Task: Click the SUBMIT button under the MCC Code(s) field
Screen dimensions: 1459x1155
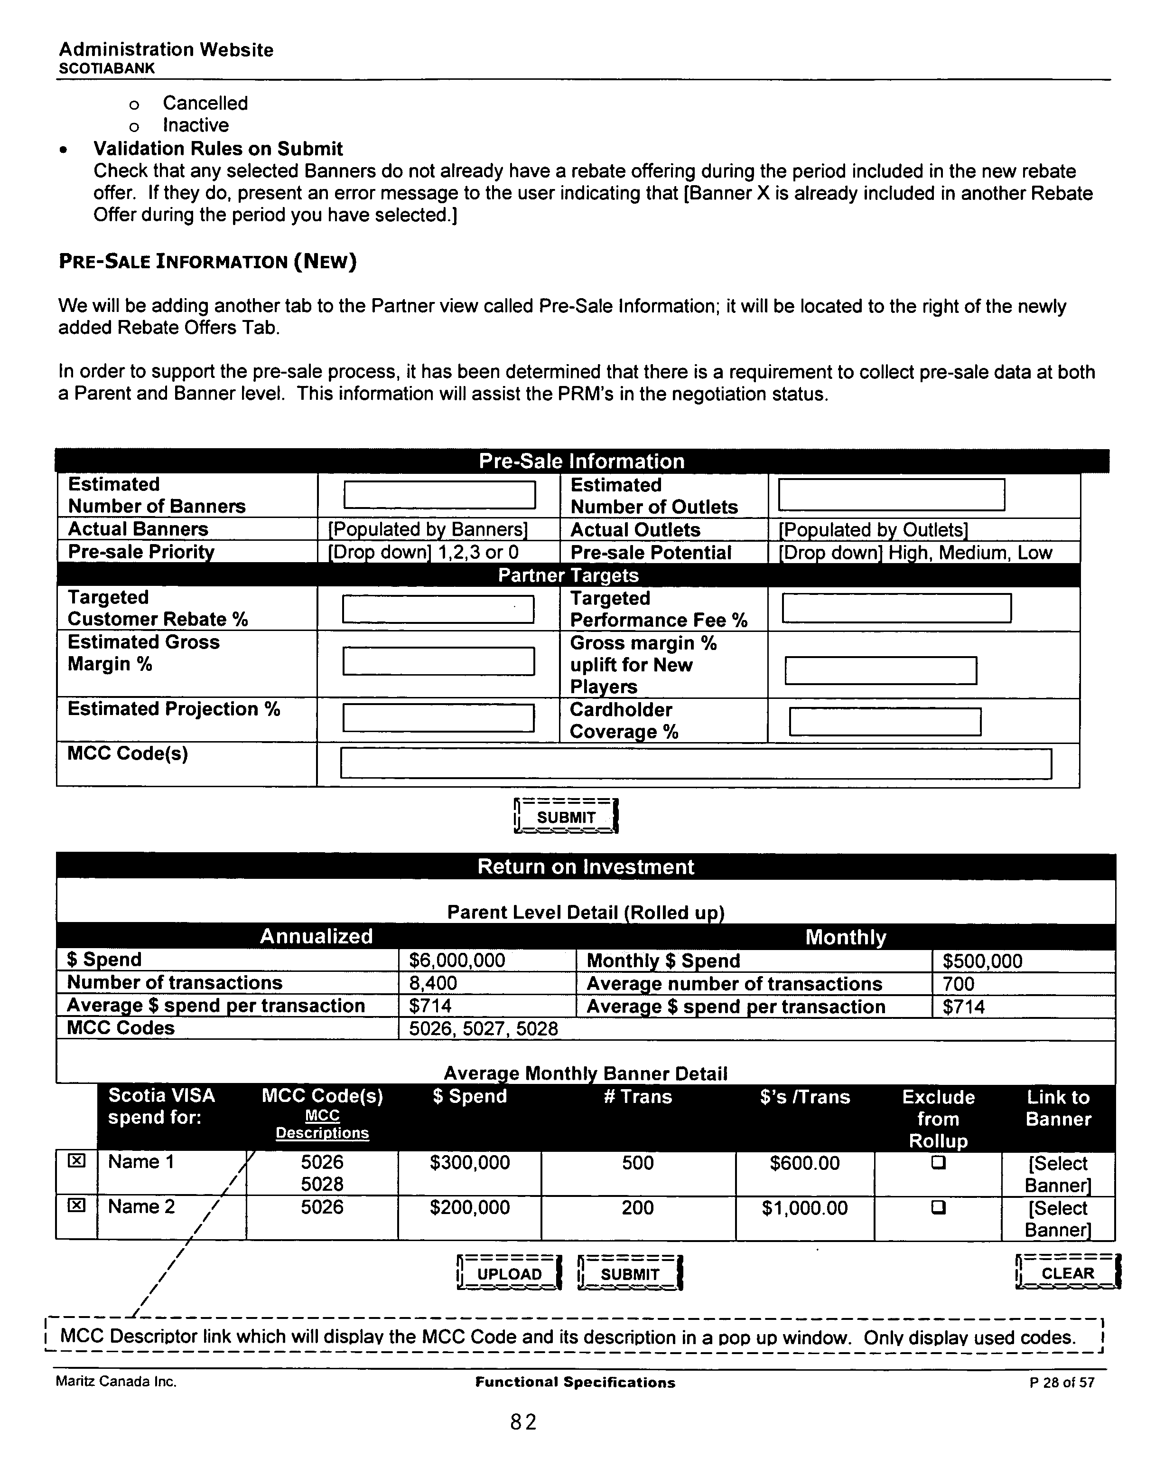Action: coord(566,817)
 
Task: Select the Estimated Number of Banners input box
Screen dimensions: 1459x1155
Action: coord(439,494)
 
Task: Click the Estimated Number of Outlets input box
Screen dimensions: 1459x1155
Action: coord(891,494)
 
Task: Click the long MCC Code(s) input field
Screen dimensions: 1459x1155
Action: coord(695,763)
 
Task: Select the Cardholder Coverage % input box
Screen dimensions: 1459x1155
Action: coord(885,722)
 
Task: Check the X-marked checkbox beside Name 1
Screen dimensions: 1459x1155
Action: coord(76,1161)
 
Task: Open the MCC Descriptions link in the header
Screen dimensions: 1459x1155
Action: coord(322,1124)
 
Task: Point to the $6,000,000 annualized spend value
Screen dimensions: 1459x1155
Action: coord(457,960)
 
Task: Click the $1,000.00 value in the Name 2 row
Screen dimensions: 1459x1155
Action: coord(804,1208)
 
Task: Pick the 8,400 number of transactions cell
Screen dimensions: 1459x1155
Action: coord(433,983)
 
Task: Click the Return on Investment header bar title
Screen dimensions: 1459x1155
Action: coord(586,866)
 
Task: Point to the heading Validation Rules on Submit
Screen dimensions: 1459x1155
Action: coord(218,149)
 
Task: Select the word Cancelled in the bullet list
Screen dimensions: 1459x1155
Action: coord(205,103)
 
